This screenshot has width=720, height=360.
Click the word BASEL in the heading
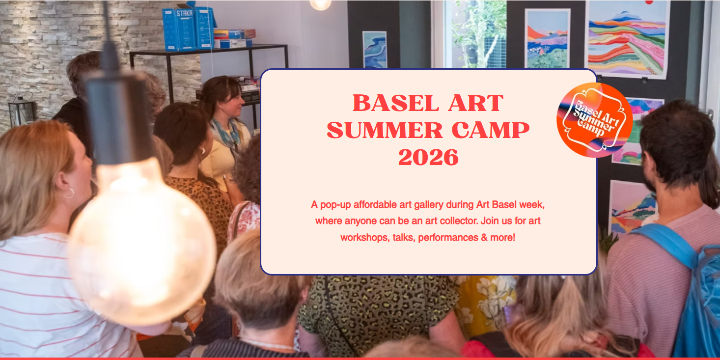tap(396, 103)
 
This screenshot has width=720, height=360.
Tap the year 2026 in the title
tap(428, 157)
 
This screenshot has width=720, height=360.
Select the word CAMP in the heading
tap(491, 130)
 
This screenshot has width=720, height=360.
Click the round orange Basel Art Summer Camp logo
tap(595, 120)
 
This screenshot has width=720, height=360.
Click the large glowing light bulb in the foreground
tap(141, 241)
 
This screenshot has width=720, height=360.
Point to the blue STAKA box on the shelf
tap(185, 29)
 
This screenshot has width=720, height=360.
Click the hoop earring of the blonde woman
tap(69, 193)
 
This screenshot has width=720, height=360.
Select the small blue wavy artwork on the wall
tap(374, 50)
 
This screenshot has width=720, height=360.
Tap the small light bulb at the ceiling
tap(321, 4)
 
